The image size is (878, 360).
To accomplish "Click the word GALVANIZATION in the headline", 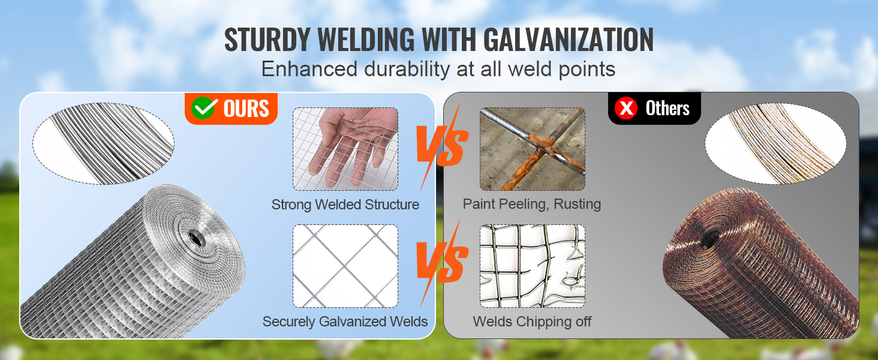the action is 568,39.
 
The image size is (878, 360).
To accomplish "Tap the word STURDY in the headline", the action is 267,39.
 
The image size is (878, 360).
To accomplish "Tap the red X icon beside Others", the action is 626,108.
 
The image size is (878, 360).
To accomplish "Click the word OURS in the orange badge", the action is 246,109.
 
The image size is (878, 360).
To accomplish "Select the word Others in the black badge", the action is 667,108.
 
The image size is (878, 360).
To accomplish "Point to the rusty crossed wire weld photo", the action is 533,149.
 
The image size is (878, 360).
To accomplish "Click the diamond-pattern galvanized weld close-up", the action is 345,266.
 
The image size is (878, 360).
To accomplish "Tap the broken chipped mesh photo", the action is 533,266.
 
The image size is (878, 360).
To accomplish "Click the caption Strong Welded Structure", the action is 345,205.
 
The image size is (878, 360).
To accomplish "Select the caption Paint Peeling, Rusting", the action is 532,205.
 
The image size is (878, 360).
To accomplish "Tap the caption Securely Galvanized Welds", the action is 345,322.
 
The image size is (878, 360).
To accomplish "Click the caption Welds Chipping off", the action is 532,322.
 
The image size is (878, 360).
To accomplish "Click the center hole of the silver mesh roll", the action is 196,238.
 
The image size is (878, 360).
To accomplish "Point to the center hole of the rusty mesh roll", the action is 711,238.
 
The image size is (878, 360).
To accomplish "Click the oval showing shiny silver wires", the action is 104,143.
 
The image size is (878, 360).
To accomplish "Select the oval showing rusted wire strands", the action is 775,143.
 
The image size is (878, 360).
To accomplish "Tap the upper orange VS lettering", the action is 442,146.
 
